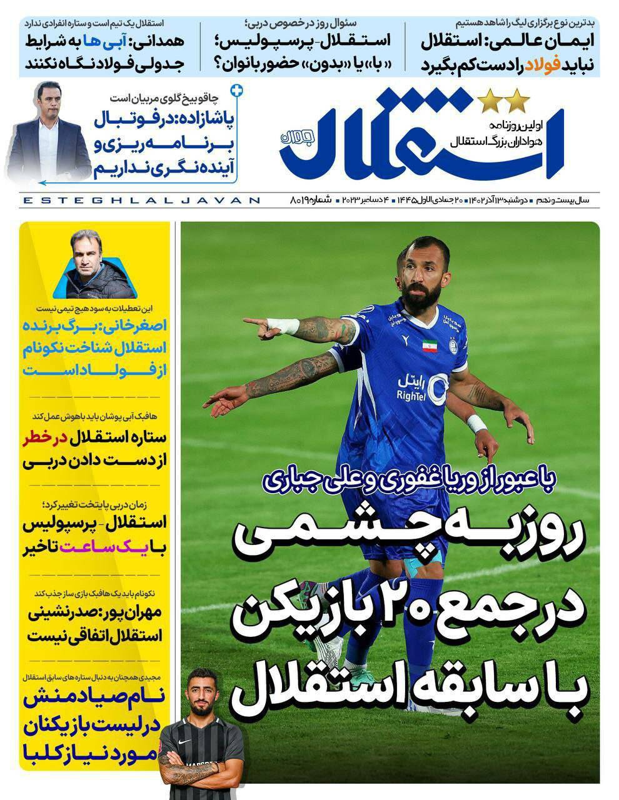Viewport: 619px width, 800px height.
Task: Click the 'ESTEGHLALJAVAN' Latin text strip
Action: point(141,200)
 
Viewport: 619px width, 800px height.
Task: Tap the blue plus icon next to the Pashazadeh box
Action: point(236,91)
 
